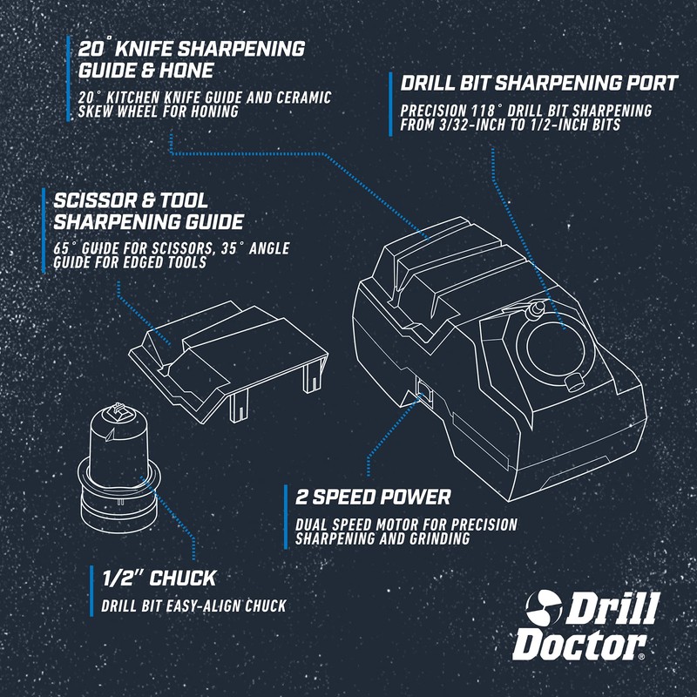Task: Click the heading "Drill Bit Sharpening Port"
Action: coord(538,84)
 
